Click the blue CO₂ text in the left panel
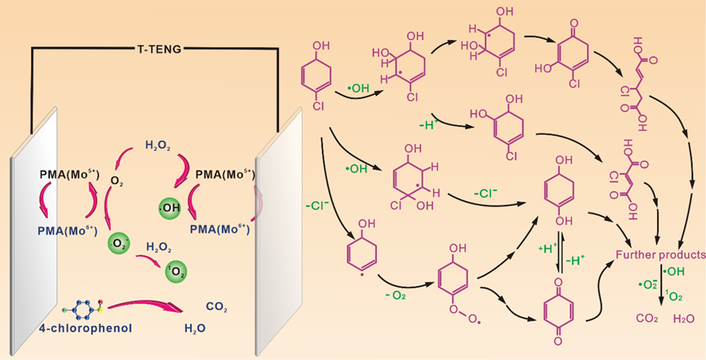pos(216,308)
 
